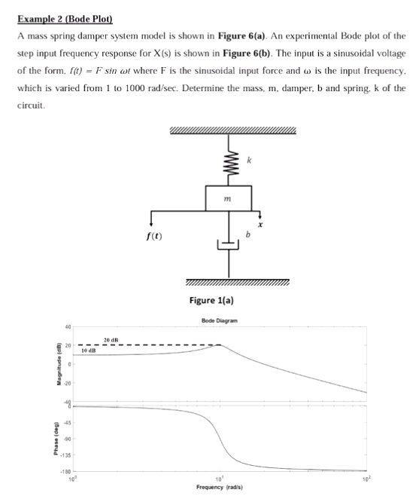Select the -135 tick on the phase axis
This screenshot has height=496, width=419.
(65, 456)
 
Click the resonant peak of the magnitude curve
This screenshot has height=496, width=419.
(219, 345)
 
